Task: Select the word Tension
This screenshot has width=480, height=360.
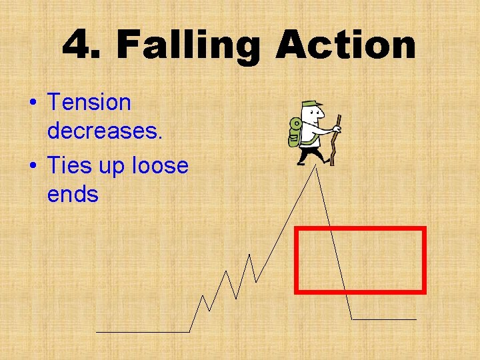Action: tap(89, 103)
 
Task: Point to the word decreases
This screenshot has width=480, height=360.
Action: tap(105, 131)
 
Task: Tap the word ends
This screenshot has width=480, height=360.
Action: tap(73, 195)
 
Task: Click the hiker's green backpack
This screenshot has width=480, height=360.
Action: tap(295, 132)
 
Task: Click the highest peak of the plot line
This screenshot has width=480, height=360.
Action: tap(316, 167)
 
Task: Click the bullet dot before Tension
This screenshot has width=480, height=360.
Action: tap(32, 103)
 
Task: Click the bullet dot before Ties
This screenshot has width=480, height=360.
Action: tap(32, 166)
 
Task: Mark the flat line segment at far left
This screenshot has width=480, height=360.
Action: tap(143, 331)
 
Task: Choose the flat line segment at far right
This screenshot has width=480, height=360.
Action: tap(384, 319)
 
